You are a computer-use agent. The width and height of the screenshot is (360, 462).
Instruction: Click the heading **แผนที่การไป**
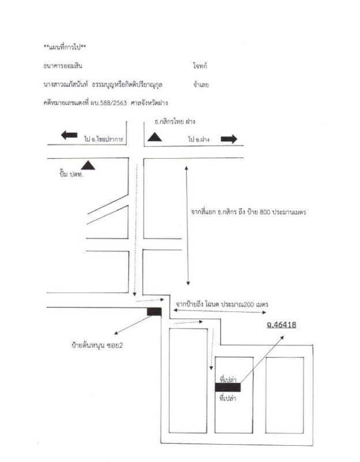(x=65, y=46)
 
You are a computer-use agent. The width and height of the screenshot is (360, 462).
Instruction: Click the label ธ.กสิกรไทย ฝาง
(x=175, y=122)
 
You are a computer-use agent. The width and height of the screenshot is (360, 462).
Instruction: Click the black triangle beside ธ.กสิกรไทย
(x=155, y=137)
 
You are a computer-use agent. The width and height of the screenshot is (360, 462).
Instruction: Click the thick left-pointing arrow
(x=69, y=135)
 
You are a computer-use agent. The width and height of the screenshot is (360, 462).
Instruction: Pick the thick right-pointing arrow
(x=228, y=139)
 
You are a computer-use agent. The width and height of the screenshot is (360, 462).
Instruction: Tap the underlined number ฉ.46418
(x=277, y=325)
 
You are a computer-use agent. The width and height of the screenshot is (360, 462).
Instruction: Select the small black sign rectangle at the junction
(x=154, y=312)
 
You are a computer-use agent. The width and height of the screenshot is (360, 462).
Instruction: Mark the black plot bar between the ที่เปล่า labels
(x=228, y=388)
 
